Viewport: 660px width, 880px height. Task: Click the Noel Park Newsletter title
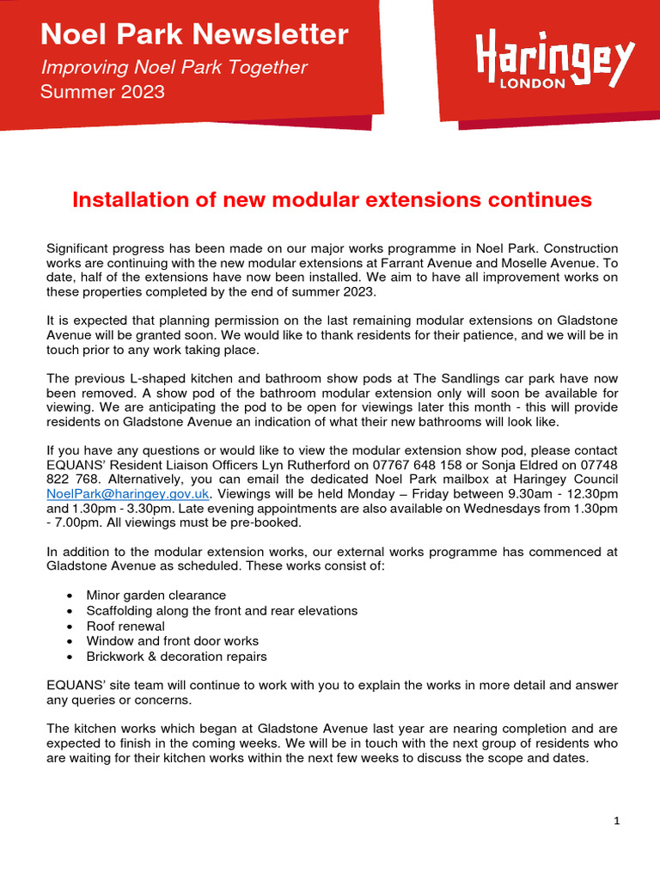194,35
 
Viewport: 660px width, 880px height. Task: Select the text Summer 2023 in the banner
102,91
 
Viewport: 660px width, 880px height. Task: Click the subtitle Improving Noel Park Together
174,67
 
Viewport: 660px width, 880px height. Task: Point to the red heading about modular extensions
332,200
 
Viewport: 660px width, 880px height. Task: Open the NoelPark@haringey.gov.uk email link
128,493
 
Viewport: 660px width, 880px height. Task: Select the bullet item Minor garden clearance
156,595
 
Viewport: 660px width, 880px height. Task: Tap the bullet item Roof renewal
125,626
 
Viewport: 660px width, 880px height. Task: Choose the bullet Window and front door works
172,641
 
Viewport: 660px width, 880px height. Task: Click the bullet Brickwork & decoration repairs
176,657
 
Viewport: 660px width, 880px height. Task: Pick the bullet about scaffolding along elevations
222,610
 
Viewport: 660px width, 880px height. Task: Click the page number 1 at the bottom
616,821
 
